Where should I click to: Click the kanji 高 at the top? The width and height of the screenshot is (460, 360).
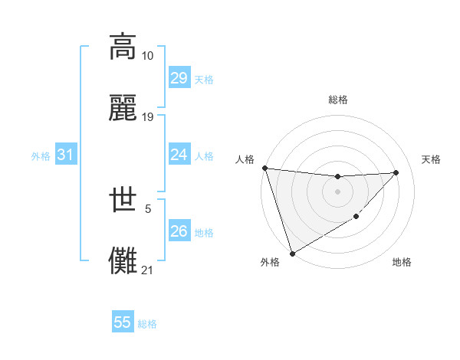(x=123, y=46)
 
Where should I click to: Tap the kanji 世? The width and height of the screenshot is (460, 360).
(x=123, y=199)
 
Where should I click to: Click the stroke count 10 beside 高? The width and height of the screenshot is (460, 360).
(x=148, y=56)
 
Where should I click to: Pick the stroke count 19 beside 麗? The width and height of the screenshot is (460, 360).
(x=148, y=117)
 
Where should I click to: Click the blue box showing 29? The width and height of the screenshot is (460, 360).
(x=179, y=78)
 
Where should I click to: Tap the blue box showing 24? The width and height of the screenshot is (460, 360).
(x=179, y=155)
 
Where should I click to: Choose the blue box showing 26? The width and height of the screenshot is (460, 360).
(x=179, y=231)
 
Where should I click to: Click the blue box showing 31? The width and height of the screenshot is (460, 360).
(x=66, y=155)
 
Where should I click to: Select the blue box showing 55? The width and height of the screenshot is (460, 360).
(x=123, y=322)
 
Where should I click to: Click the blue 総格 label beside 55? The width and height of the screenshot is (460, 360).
(x=147, y=324)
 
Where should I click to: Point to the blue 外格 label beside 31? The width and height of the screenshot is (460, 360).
(x=41, y=156)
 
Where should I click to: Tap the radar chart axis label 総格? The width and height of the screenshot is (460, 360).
(x=338, y=100)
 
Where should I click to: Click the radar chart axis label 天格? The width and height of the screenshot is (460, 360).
(x=432, y=159)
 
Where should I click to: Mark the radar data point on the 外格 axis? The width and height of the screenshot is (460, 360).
(x=292, y=253)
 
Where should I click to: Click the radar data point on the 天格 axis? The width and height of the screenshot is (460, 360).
(x=396, y=172)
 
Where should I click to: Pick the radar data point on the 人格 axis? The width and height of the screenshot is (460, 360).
(x=264, y=168)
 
